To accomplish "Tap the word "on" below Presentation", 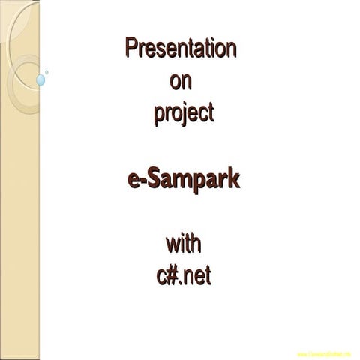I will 181,80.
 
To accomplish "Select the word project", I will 183,113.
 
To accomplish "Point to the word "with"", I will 184,244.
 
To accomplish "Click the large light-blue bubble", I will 40,79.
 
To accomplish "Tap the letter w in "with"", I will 172,245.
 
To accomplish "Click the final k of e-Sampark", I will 234,180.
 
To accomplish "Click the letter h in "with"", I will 196,244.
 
